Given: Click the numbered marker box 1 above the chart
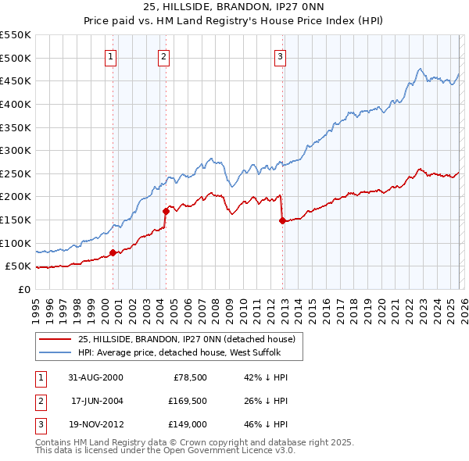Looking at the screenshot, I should point(110,55).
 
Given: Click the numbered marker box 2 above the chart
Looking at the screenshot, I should point(163,55).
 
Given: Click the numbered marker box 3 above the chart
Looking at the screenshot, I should point(280,55).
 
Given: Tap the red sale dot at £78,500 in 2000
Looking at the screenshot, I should point(113,252).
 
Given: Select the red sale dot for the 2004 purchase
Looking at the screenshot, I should point(166,211).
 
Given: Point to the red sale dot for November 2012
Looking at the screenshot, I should point(282,220).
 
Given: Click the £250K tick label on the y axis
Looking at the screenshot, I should point(15,173).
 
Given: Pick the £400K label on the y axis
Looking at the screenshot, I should point(15,104).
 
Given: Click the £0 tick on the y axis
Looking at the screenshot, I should point(23,289).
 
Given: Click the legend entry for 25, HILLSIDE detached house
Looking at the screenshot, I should point(186,339).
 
